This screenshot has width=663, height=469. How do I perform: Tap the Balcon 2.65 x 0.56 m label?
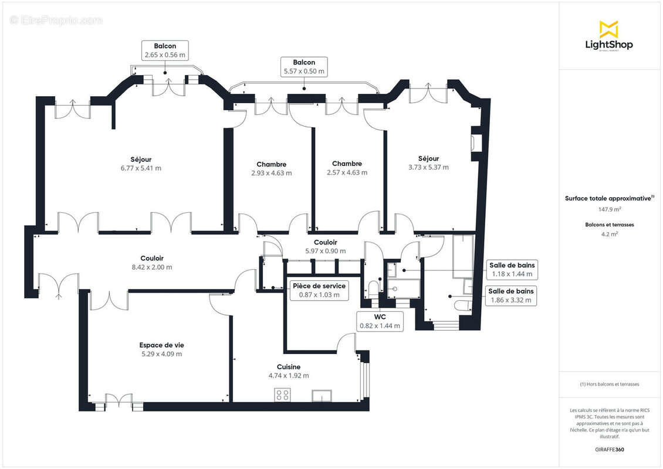click(x=165, y=50)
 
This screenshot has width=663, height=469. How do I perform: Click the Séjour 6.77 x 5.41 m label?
click(x=141, y=163)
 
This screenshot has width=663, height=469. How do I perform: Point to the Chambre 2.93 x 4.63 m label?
click(x=271, y=168)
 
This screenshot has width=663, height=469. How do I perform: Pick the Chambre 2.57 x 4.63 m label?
click(x=347, y=168)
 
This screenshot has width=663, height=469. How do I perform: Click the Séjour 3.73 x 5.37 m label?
click(x=428, y=162)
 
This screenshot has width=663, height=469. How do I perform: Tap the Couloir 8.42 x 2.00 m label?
click(x=152, y=263)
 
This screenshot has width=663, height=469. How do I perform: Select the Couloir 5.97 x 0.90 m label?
click(x=325, y=246)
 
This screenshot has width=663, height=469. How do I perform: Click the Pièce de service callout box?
click(x=319, y=290)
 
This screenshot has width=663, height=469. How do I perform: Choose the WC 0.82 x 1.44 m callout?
click(x=380, y=321)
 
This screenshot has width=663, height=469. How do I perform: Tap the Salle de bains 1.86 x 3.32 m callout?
click(x=511, y=295)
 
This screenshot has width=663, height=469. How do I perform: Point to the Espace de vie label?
click(x=161, y=349)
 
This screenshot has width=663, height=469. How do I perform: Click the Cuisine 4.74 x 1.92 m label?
click(x=288, y=371)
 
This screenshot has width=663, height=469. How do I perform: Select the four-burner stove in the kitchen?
click(x=282, y=395)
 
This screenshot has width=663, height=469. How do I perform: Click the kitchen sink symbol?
click(x=322, y=395)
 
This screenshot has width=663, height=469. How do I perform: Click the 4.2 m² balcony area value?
click(x=609, y=233)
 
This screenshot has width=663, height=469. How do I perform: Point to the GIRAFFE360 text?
click(x=609, y=450)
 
